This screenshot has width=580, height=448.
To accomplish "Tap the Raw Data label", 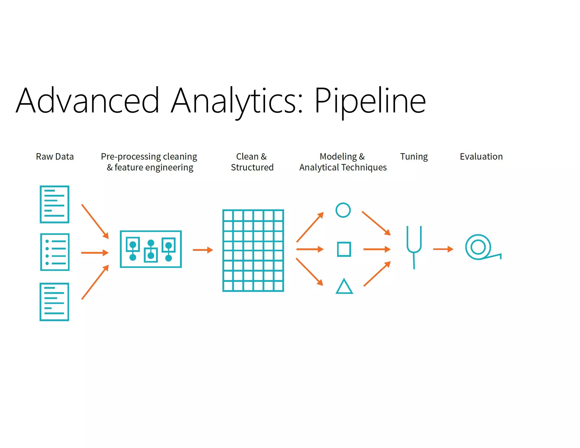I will pos(55,157).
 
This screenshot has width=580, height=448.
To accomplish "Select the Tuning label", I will pos(414,157).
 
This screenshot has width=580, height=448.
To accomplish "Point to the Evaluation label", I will pos(481,157).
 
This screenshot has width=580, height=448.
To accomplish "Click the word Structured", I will pos(252,167).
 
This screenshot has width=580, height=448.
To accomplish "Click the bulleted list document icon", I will pos(55,252).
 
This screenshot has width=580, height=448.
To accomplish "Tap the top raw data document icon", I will pos(55,204).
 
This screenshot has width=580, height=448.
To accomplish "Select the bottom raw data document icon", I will pos(54,302).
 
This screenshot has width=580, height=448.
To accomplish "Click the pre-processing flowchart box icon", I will pos(151,249).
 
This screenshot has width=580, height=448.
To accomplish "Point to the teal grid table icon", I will pos(253,251).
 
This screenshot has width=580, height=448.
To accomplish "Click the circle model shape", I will pos(343,210).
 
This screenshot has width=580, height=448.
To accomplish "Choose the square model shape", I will pos(344,249).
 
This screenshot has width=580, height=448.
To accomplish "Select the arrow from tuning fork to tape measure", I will pos(443,249).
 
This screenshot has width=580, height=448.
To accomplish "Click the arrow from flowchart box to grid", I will pos(202,250).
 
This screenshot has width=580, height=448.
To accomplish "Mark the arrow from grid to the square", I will pos(310,249).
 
